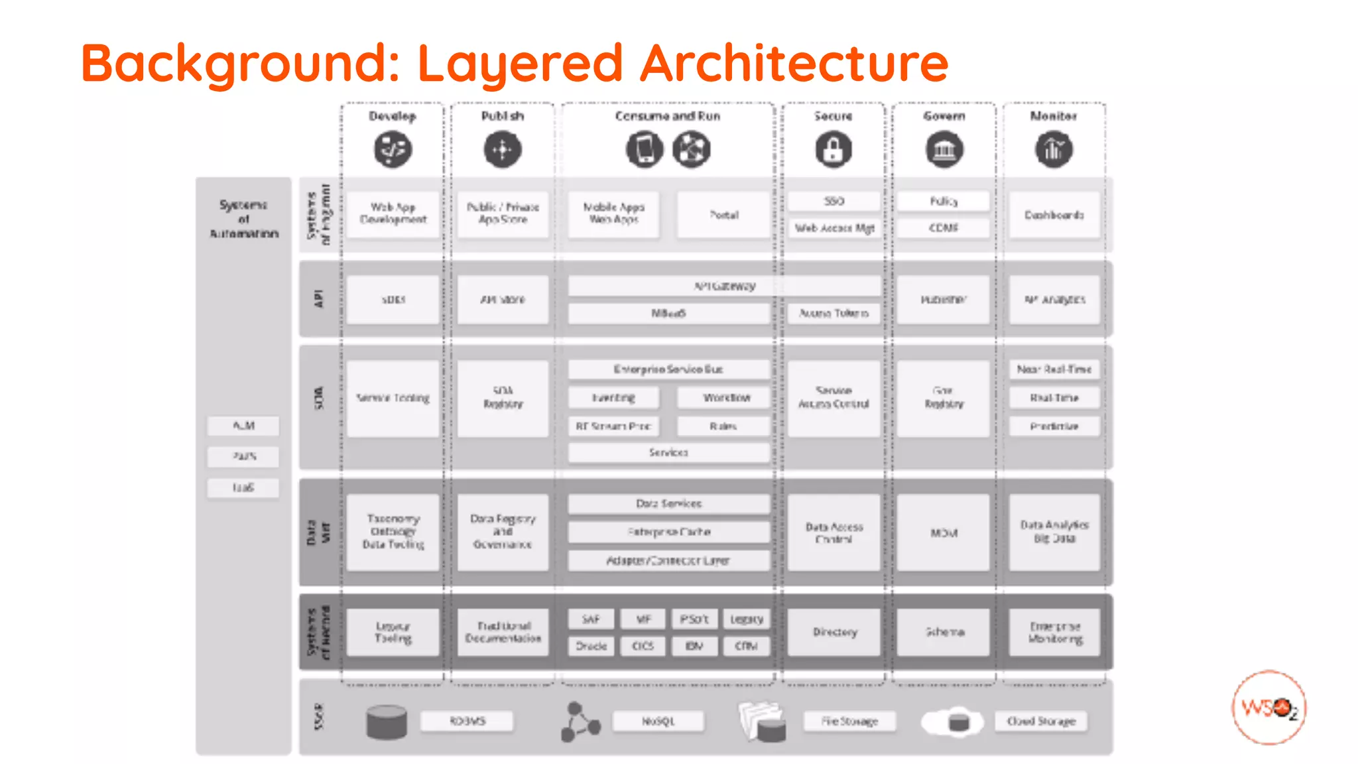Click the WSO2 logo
tap(1268, 708)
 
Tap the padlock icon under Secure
tap(833, 149)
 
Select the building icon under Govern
tap(944, 149)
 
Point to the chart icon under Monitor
tap(1054, 149)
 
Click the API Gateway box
tap(724, 286)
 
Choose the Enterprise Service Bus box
tap(668, 369)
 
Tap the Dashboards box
tap(1054, 215)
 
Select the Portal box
tap(723, 215)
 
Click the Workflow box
tap(724, 398)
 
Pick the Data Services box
tap(668, 504)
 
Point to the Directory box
tap(834, 632)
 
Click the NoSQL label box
tap(658, 721)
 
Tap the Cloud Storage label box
tap(1040, 721)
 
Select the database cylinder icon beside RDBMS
tap(387, 722)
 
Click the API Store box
tap(503, 300)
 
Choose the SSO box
tap(834, 201)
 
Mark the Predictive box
tap(1054, 426)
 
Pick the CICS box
tap(643, 646)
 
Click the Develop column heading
tap(393, 116)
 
